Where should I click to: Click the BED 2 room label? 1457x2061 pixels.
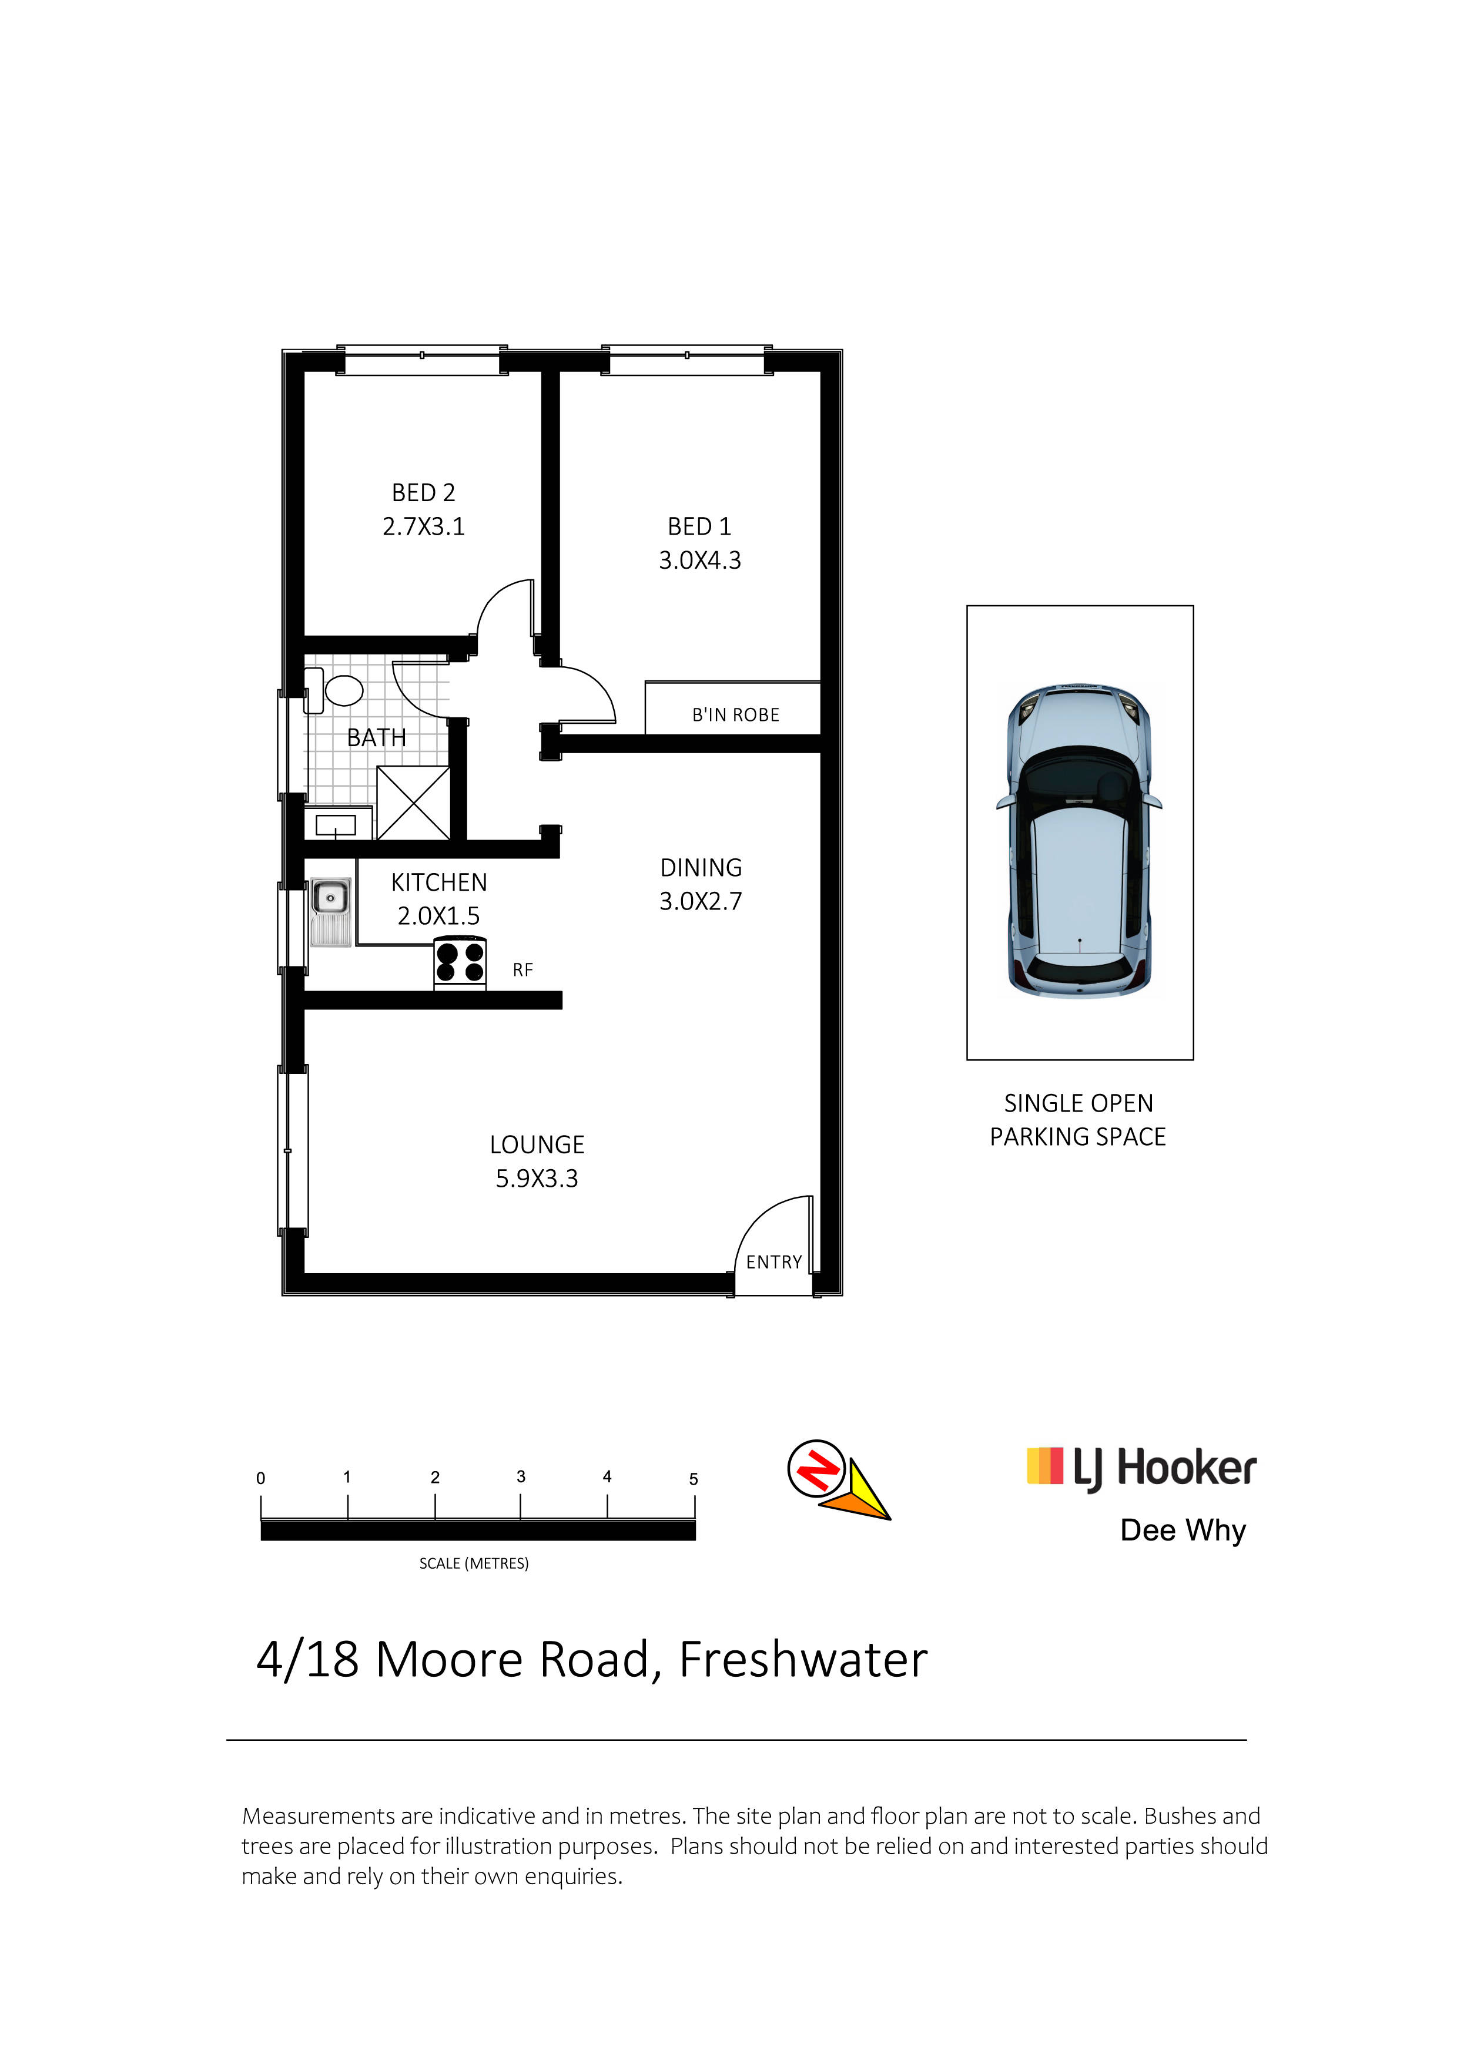pyautogui.click(x=424, y=493)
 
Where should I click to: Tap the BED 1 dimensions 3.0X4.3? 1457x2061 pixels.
pyautogui.click(x=700, y=560)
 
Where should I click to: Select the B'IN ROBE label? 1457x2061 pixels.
pyautogui.click(x=735, y=714)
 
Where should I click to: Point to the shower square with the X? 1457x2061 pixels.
pyautogui.click(x=413, y=803)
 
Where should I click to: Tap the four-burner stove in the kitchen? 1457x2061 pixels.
pyautogui.click(x=460, y=962)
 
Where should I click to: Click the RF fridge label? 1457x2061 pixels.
pyautogui.click(x=522, y=969)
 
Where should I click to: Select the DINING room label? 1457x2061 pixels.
pyautogui.click(x=701, y=867)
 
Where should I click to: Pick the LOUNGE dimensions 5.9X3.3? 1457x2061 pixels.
pyautogui.click(x=537, y=1178)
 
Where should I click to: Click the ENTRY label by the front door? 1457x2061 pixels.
pyautogui.click(x=774, y=1262)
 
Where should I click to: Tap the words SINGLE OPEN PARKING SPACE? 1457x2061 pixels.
pyautogui.click(x=1078, y=1119)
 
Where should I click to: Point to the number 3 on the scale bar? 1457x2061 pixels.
pyautogui.click(x=521, y=1476)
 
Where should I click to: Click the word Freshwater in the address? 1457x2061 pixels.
pyautogui.click(x=803, y=1660)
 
